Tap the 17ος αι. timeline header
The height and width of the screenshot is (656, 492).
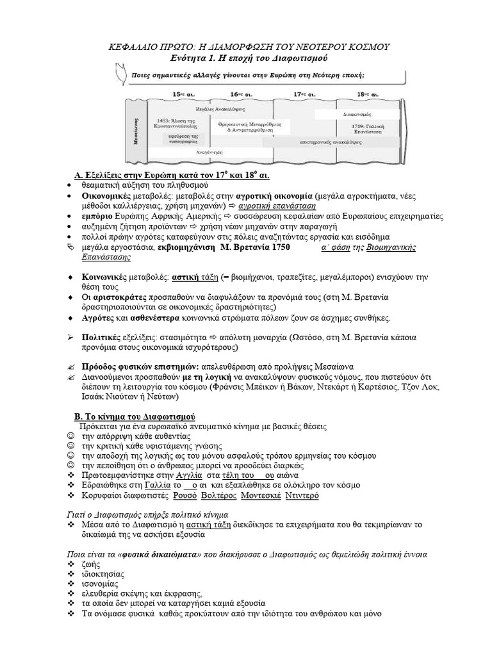click(x=303, y=94)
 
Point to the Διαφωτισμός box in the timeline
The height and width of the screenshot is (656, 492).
click(x=354, y=113)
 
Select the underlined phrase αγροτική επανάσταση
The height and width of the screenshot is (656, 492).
click(x=272, y=207)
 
